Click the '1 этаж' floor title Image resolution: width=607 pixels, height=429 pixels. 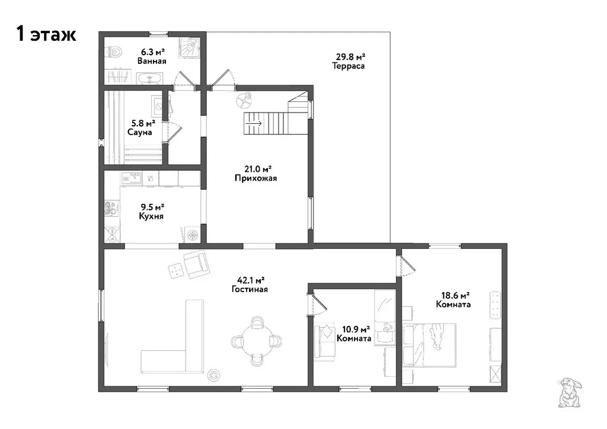(x=46, y=34)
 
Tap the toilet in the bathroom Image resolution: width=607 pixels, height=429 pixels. (x=114, y=52)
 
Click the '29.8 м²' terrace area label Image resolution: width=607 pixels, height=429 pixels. (x=350, y=57)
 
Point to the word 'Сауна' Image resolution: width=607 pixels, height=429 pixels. (x=140, y=132)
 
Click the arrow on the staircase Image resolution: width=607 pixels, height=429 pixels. (x=254, y=123)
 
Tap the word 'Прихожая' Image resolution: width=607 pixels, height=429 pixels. (x=256, y=178)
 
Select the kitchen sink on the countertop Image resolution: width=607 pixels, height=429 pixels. (x=132, y=178)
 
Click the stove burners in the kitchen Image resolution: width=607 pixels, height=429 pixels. (x=111, y=209)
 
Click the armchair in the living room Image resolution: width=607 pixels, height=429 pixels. (x=196, y=264)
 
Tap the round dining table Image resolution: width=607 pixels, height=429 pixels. (x=256, y=341)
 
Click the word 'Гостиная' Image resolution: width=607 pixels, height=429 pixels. (x=250, y=289)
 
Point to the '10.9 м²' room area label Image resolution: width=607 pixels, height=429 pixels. (x=356, y=329)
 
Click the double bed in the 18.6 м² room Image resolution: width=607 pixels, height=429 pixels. (x=433, y=345)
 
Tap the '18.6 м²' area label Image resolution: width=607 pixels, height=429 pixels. (x=456, y=296)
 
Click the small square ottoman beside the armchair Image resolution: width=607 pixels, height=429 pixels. (x=175, y=270)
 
